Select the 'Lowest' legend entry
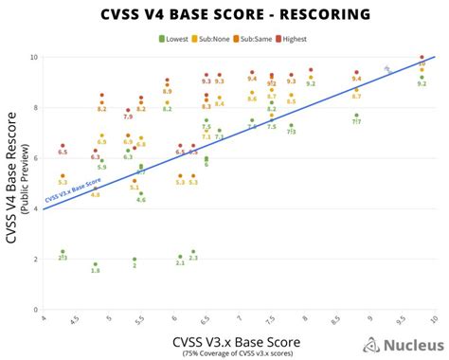tap(172, 38)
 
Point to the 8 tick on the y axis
tap(35, 107)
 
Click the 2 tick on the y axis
tap(35, 259)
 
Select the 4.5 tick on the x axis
tap(77, 320)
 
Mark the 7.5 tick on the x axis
tap(272, 320)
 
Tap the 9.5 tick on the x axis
tap(403, 320)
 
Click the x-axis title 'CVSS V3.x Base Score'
tap(236, 339)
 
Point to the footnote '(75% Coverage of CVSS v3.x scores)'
tap(236, 352)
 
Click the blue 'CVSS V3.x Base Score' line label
tap(73, 189)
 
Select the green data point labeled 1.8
tap(95, 264)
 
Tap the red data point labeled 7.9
tap(128, 110)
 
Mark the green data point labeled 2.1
tap(180, 256)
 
